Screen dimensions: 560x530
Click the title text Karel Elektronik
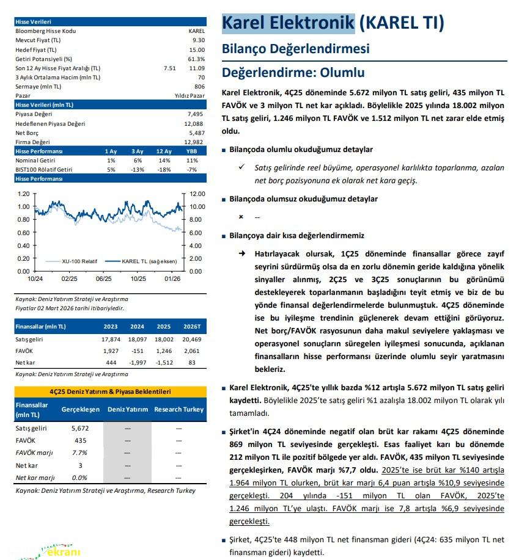click(x=288, y=23)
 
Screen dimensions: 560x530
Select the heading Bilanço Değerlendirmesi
click(x=295, y=49)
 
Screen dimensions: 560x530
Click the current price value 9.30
click(x=198, y=39)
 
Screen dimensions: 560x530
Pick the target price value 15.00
click(x=197, y=49)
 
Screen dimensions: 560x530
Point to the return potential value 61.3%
click(x=196, y=59)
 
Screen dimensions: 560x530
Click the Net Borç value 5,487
click(x=196, y=133)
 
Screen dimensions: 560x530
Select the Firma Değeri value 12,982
click(x=194, y=142)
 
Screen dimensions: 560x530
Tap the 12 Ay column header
click(x=163, y=151)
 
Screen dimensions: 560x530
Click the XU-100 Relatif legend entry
click(x=79, y=261)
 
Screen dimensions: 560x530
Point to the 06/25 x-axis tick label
click(x=103, y=279)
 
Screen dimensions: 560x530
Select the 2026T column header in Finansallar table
click(x=191, y=327)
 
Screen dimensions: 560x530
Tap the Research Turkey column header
click(x=179, y=409)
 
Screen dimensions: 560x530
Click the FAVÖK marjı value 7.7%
click(x=80, y=453)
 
